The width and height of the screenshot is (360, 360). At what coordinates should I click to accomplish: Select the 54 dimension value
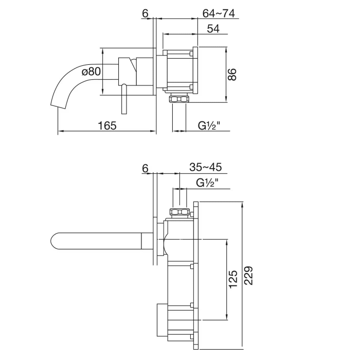(x=213, y=29)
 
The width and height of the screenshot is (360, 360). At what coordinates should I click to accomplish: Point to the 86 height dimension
(x=232, y=75)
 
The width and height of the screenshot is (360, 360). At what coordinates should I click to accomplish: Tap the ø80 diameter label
(x=91, y=72)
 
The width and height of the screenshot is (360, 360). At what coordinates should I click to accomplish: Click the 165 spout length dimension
(x=107, y=125)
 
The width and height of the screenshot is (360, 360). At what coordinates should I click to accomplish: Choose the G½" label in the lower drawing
(x=207, y=182)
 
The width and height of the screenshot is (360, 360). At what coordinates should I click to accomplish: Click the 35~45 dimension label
(x=205, y=168)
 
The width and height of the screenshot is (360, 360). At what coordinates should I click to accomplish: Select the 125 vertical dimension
(x=232, y=278)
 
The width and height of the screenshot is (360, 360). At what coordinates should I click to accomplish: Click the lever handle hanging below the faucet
(x=123, y=100)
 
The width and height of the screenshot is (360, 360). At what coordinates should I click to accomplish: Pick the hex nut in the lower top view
(x=179, y=212)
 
